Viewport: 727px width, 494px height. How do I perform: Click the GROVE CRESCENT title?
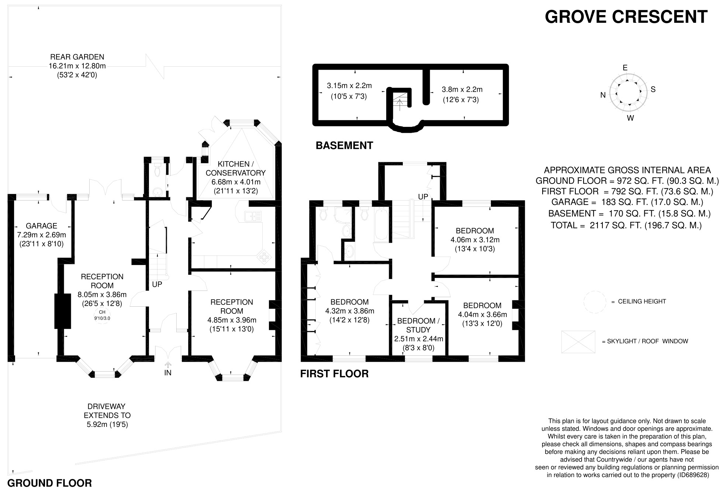(x=626, y=17)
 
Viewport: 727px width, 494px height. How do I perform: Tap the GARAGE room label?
(x=41, y=226)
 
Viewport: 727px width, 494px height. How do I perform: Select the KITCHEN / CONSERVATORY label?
(x=235, y=168)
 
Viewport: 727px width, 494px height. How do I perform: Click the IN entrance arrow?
(x=168, y=365)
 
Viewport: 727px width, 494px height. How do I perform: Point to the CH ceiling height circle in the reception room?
(x=102, y=315)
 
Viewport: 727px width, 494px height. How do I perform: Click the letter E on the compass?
(x=625, y=68)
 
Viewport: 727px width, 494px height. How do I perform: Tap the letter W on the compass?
(x=630, y=118)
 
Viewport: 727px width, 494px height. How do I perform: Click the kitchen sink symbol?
(x=253, y=216)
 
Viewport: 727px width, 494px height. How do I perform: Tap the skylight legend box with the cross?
(x=578, y=342)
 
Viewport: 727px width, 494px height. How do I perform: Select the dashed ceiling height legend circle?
(x=595, y=302)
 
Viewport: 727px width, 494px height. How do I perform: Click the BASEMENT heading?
(x=344, y=146)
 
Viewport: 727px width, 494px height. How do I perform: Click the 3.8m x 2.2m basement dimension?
(x=462, y=90)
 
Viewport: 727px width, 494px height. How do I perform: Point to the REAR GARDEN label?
(x=77, y=57)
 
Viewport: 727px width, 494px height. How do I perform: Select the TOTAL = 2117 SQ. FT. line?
(x=626, y=225)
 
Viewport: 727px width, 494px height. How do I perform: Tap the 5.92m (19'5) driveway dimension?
(x=107, y=424)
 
